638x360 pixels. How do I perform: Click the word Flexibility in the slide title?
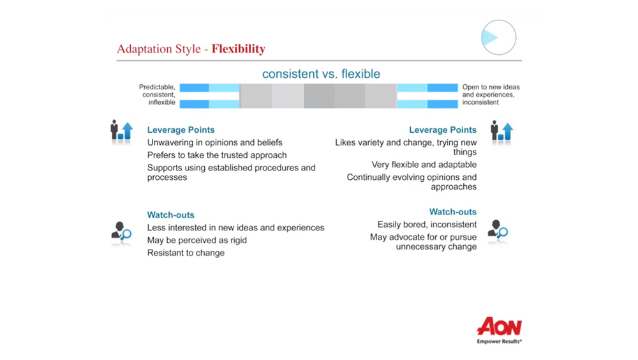(x=238, y=49)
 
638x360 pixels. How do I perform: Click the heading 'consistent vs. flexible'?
(x=321, y=74)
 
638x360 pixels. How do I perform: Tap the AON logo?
(x=499, y=326)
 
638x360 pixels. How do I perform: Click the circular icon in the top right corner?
(x=498, y=37)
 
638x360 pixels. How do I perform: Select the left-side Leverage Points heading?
(x=181, y=130)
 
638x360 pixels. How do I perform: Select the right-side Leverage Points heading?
(x=442, y=130)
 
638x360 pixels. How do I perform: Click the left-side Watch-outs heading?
(x=170, y=215)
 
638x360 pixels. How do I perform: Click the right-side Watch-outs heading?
(x=452, y=212)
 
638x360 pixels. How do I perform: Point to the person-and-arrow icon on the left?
(x=121, y=131)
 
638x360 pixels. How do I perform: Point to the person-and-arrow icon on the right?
(x=501, y=131)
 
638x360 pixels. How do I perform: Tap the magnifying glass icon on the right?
(x=498, y=230)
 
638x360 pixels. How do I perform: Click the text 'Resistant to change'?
(x=186, y=253)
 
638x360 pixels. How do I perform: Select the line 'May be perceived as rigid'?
(x=197, y=240)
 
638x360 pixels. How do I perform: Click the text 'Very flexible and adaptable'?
(x=424, y=165)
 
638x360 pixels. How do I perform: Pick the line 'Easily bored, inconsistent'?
(x=427, y=225)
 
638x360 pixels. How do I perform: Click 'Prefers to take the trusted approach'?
(x=217, y=155)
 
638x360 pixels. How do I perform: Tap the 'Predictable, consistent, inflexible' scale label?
(x=158, y=94)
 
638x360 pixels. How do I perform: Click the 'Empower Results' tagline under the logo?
(x=499, y=341)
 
